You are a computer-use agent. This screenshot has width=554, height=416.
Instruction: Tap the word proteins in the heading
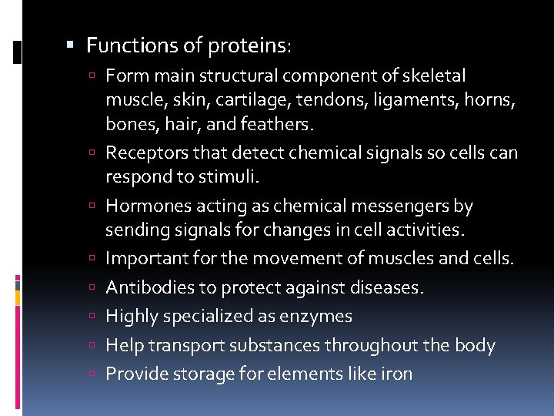click(x=247, y=46)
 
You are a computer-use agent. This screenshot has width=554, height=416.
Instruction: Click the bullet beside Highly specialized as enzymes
click(x=92, y=317)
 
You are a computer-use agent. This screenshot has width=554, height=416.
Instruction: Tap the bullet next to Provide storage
click(x=92, y=374)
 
